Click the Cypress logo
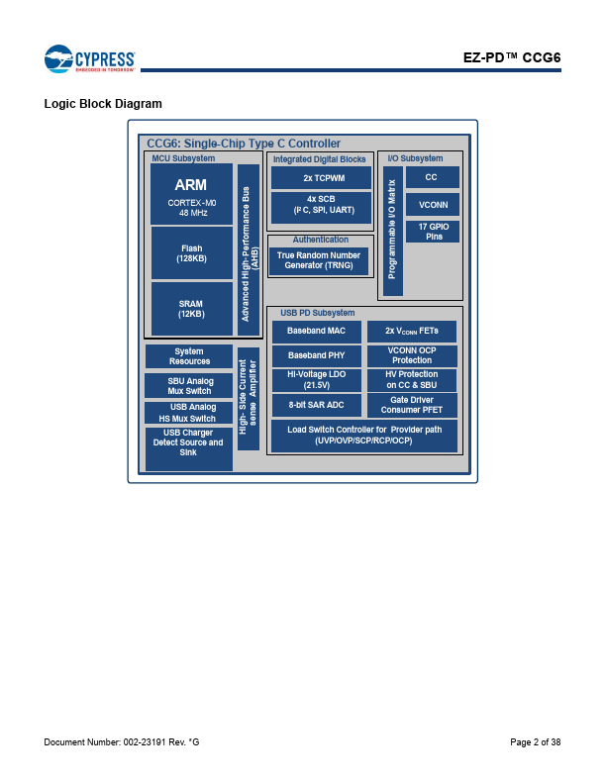(x=89, y=59)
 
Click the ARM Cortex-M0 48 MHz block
(x=191, y=194)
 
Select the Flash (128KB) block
(x=191, y=253)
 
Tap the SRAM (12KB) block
(x=191, y=309)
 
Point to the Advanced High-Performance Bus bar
(x=249, y=250)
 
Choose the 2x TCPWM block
(x=322, y=178)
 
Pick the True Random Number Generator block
(x=319, y=261)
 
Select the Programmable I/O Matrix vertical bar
(x=392, y=231)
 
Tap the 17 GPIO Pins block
(x=433, y=232)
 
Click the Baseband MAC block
(x=317, y=332)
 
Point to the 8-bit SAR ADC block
(x=317, y=405)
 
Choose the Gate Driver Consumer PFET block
(x=412, y=405)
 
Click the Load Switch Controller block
(x=364, y=436)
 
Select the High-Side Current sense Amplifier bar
(x=249, y=399)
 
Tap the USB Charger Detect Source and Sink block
(x=189, y=448)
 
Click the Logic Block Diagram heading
(x=103, y=104)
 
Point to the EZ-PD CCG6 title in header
(x=512, y=57)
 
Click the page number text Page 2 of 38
(x=536, y=742)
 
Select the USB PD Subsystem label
(x=318, y=313)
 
